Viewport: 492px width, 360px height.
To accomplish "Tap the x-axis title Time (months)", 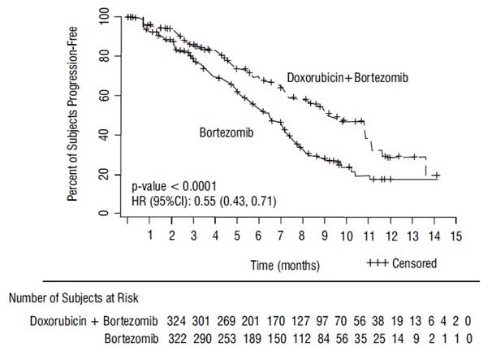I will [x=285, y=266].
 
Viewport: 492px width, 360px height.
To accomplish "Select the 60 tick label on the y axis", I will [x=103, y=95].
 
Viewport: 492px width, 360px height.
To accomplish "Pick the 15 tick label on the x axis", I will [x=456, y=236].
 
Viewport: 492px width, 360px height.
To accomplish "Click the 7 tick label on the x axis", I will [x=281, y=236].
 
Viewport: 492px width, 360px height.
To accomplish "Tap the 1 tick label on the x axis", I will [x=150, y=236].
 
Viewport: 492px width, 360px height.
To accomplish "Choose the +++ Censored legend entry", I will [x=402, y=263].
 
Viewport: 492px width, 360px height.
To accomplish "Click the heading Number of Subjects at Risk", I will [x=77, y=298].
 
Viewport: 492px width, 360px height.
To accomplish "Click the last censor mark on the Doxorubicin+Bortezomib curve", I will [x=437, y=175].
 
